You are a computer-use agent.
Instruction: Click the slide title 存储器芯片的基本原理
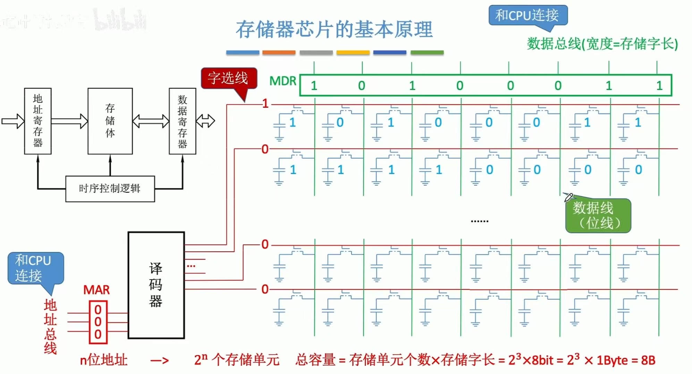point(334,29)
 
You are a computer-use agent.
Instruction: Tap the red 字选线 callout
point(228,78)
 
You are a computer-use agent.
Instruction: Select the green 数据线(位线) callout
point(598,215)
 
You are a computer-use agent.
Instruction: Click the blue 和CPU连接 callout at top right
point(528,15)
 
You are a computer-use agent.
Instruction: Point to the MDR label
point(283,81)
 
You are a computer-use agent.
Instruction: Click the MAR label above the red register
point(96,290)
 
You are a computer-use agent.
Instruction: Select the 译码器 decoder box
point(156,285)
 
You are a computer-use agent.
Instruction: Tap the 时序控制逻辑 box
point(110,189)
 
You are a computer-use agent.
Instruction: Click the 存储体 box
point(110,121)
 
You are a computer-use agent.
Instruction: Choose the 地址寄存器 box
point(38,121)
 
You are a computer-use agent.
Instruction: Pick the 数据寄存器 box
point(182,121)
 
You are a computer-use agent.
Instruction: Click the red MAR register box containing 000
point(98,322)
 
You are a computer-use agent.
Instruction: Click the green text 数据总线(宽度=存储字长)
point(602,44)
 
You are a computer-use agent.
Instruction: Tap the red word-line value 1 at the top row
point(265,104)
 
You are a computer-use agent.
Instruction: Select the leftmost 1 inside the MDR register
point(314,86)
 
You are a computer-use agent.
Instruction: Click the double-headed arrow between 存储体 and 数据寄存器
point(151,121)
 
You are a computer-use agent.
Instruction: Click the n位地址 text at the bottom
point(103,360)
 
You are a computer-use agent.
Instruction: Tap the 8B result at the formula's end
point(648,360)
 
